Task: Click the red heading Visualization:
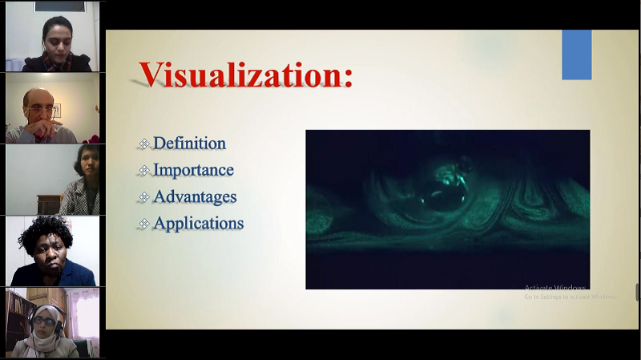(246, 75)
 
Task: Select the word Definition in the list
(189, 144)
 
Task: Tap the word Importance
(193, 170)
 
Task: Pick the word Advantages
(195, 196)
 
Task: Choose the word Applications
(198, 224)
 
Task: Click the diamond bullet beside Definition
(144, 144)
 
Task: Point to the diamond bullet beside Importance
(144, 170)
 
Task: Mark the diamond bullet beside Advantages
(144, 197)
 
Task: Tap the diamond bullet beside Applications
(144, 224)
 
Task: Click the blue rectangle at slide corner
(577, 55)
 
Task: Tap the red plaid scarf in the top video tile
(57, 62)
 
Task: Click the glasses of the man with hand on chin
(41, 110)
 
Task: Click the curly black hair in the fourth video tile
(44, 233)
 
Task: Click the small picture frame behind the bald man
(57, 111)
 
